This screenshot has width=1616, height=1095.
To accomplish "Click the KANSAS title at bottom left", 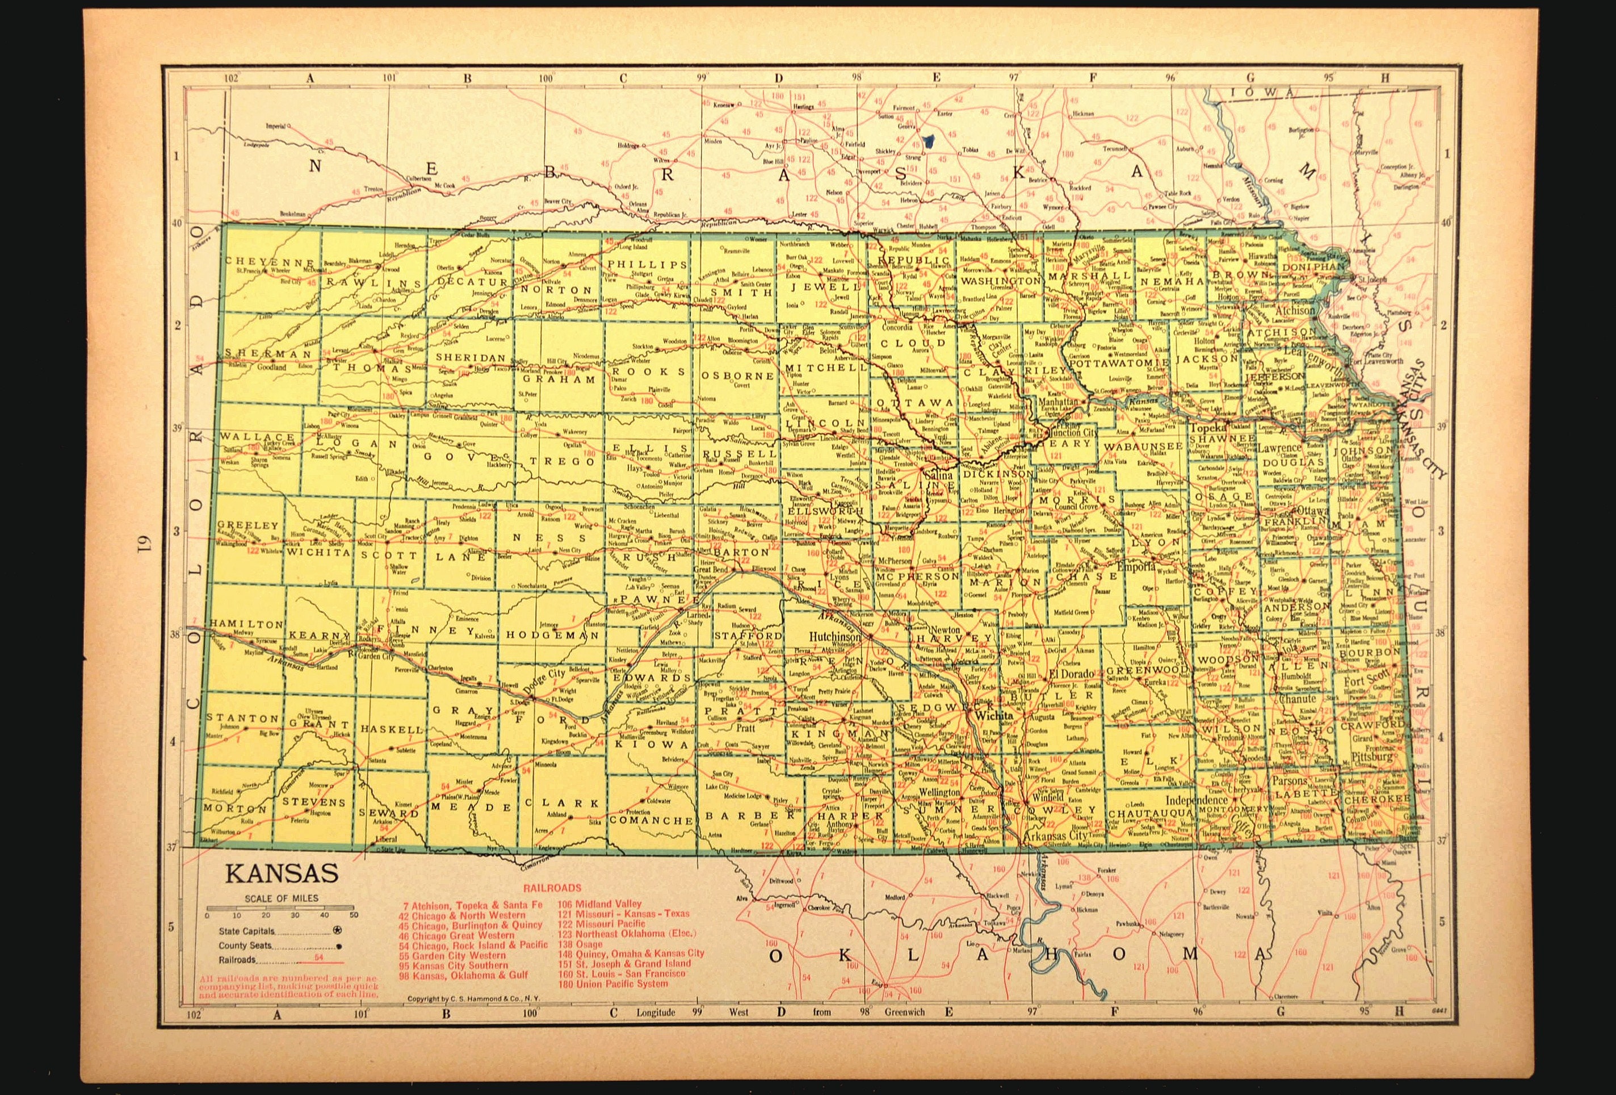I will pos(281,874).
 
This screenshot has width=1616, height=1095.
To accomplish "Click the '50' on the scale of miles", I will pos(354,915).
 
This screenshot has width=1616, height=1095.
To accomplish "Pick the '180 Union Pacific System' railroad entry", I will pos(612,984).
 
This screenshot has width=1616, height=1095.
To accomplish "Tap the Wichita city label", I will pos(994,714).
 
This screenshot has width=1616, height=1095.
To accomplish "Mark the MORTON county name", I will pos(235,809).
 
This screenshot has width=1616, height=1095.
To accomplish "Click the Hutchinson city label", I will pos(834,637).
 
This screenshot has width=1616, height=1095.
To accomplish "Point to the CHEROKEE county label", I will pos(1377,800).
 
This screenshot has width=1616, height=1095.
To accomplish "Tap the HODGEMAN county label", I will pos(552,634).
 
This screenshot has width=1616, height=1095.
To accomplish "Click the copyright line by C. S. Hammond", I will pos(473,1000).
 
